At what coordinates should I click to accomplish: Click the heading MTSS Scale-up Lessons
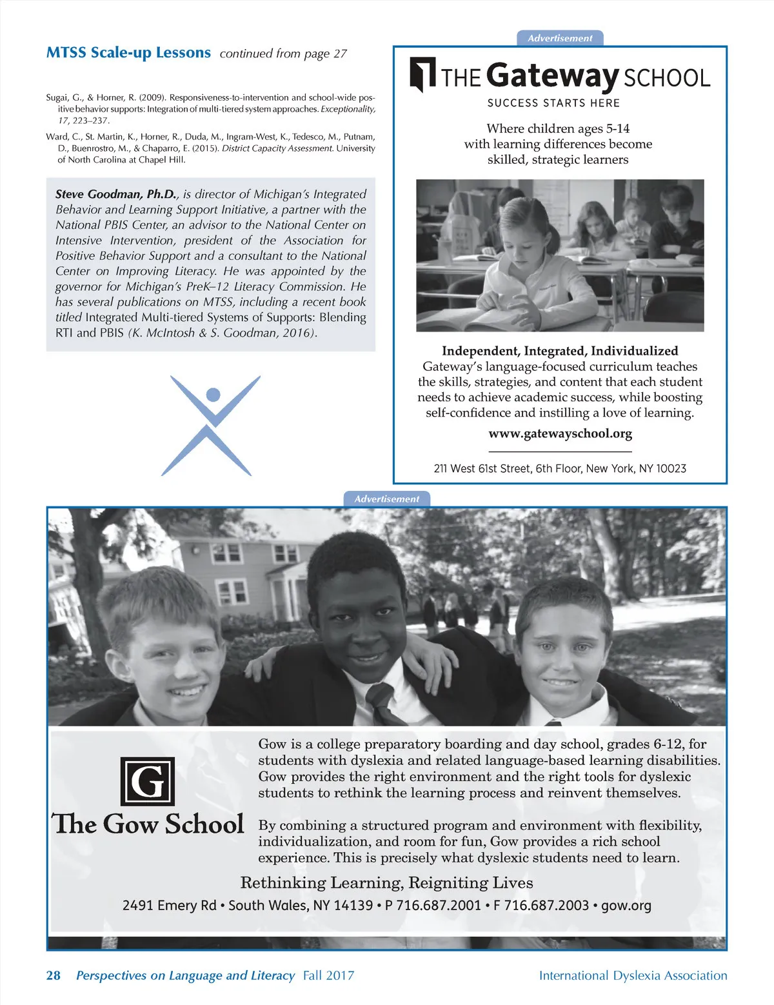(128, 53)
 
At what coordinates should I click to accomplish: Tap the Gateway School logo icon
(422, 74)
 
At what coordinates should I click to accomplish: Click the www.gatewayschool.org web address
(560, 433)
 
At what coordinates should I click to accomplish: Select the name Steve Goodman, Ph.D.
(115, 194)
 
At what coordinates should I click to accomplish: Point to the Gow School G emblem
(148, 781)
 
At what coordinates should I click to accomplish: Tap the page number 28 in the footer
(53, 975)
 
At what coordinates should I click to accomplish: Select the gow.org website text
(626, 906)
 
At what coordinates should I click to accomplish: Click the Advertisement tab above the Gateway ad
(560, 38)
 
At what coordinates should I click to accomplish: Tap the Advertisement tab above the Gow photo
(386, 499)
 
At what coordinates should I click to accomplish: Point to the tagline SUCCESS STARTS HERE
(553, 103)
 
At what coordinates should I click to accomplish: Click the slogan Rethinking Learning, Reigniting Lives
(386, 882)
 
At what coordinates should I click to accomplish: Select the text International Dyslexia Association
(633, 976)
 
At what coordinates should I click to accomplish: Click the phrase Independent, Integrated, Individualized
(560, 351)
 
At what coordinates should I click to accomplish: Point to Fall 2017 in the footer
(328, 975)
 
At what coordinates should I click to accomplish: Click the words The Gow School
(148, 824)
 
